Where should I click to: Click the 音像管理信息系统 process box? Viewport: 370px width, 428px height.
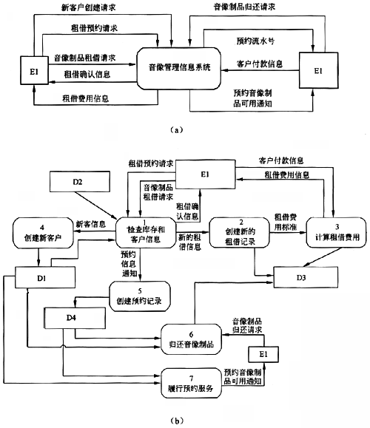(x=179, y=69)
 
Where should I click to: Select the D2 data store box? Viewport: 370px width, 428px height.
(x=80, y=182)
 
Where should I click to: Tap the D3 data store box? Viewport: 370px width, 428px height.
(x=306, y=277)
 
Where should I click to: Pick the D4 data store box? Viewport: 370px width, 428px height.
(x=75, y=318)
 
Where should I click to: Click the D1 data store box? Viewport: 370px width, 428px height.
(x=45, y=278)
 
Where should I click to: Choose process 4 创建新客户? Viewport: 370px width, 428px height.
(x=43, y=233)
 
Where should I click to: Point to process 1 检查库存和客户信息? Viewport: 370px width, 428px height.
(x=146, y=233)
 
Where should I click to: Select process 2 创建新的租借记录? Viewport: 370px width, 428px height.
(x=239, y=233)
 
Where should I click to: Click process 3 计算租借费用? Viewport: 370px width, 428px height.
(x=336, y=233)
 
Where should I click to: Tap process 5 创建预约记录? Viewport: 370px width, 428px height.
(x=140, y=296)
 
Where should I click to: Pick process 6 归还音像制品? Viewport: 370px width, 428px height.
(x=191, y=339)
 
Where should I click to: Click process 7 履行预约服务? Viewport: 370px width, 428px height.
(x=191, y=383)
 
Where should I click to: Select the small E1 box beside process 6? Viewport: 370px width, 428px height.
(x=263, y=354)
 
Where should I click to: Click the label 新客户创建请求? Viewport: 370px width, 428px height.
(x=88, y=7)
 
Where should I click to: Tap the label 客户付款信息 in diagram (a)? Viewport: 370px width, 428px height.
(x=260, y=64)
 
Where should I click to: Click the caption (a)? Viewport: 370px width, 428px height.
(x=177, y=130)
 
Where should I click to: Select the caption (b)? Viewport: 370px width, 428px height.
(x=177, y=421)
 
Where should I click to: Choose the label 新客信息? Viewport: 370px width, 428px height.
(x=91, y=225)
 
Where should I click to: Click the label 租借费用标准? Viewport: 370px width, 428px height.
(x=286, y=223)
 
